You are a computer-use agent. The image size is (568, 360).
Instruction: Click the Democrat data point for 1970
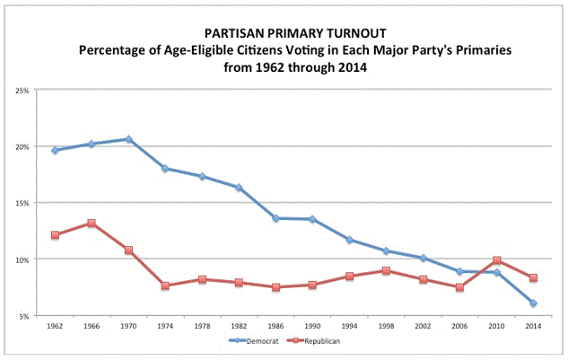[x=128, y=139]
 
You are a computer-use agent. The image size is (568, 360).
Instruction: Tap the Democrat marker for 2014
[x=532, y=303]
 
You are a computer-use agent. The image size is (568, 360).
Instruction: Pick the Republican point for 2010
[x=495, y=260]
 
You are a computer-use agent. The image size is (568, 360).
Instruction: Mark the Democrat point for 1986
[x=275, y=218]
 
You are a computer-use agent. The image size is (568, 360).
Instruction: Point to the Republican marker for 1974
[x=165, y=285]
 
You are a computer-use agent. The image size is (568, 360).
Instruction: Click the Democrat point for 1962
[x=55, y=150]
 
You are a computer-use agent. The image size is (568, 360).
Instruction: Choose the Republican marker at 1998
[x=385, y=270]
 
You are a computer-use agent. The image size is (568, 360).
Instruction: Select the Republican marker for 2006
[x=459, y=287]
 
